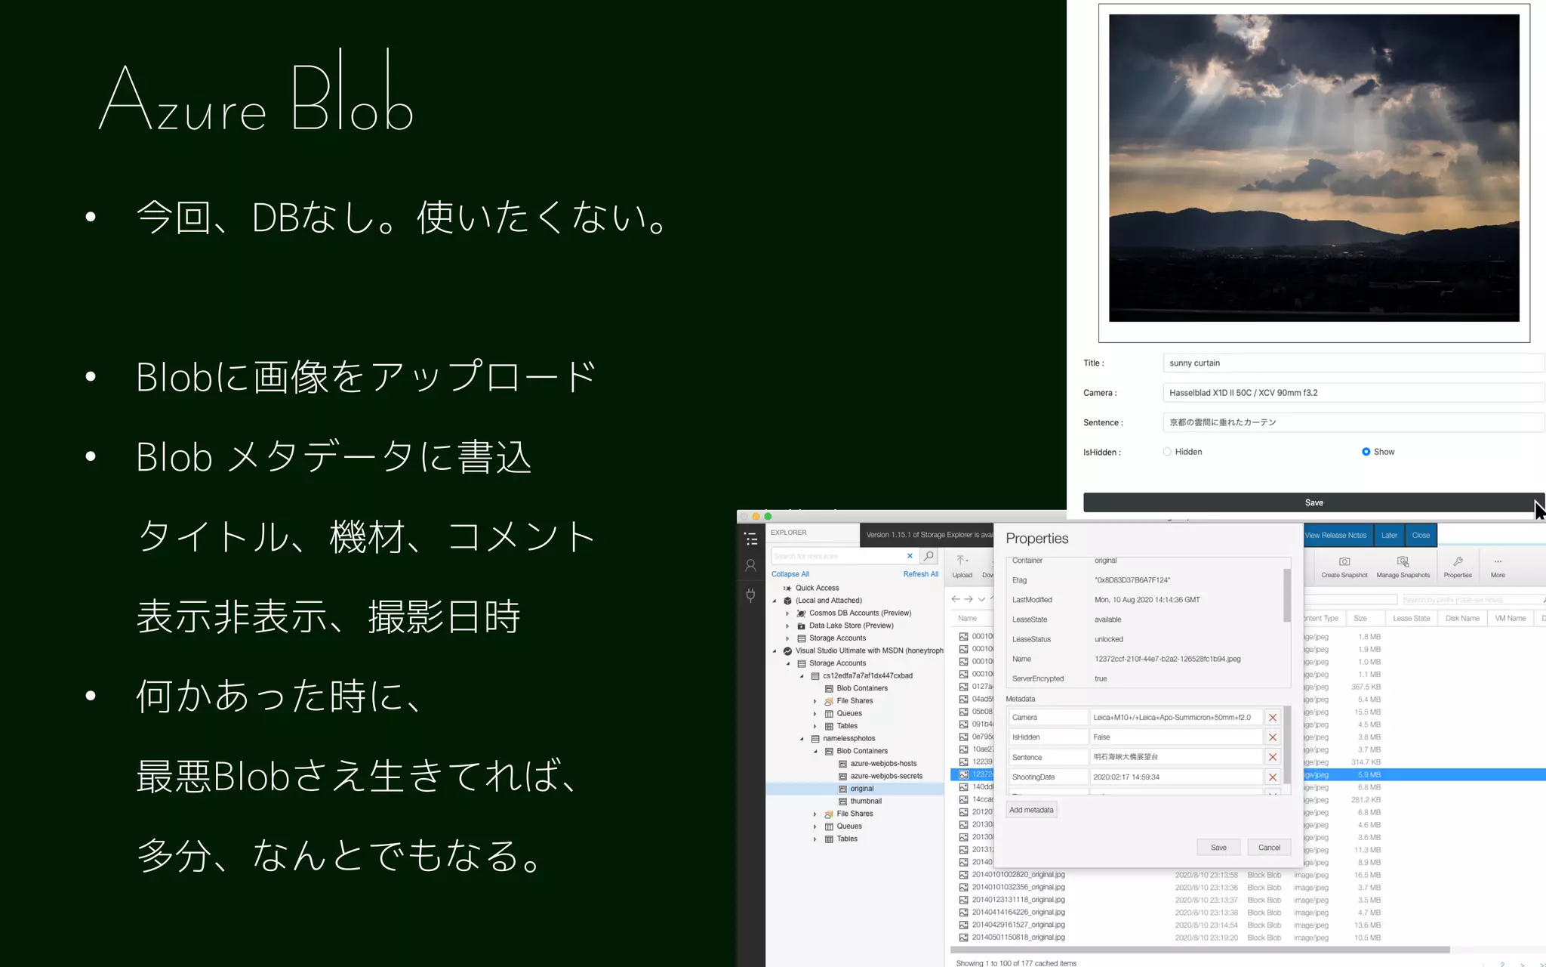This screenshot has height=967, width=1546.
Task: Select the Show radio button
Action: point(1366,452)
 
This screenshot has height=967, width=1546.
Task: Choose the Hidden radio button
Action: point(1167,452)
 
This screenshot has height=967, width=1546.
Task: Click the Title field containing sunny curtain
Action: point(1351,363)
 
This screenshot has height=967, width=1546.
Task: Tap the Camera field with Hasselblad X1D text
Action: point(1351,393)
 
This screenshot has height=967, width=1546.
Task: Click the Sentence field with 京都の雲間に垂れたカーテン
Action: point(1351,422)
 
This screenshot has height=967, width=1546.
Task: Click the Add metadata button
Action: point(1031,810)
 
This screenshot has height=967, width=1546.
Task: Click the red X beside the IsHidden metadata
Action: point(1273,737)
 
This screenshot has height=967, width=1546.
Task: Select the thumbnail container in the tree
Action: point(865,801)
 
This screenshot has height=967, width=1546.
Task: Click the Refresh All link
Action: point(920,574)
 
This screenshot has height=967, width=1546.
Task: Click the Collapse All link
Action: point(790,574)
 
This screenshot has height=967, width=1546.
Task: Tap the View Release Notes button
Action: point(1335,535)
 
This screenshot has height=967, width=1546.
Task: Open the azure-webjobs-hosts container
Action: point(882,764)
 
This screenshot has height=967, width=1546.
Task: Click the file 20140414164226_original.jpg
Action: point(1018,912)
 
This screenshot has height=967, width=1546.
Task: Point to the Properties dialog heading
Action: point(1036,539)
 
